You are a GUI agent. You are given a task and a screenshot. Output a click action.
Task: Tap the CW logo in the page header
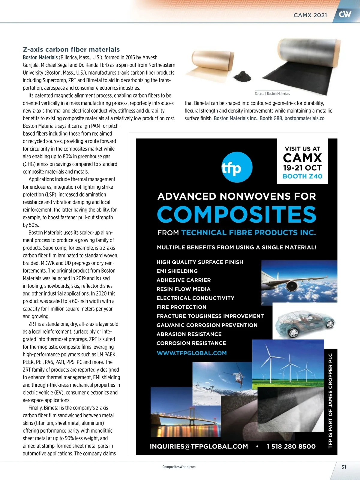(x=345, y=14)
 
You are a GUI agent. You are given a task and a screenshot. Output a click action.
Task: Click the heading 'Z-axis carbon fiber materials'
(x=71, y=49)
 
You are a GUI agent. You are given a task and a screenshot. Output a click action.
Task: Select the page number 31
(x=344, y=467)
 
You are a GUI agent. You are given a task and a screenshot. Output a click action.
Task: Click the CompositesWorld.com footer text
(x=179, y=467)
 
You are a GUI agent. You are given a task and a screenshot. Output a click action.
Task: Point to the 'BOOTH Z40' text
(x=302, y=176)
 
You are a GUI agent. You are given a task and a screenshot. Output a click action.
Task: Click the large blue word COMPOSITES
(x=237, y=214)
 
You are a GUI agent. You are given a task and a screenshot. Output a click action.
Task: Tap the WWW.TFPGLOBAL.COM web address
(x=192, y=353)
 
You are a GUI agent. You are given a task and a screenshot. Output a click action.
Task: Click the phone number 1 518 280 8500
(x=291, y=446)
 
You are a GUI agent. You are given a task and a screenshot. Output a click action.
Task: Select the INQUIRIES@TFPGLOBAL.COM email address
(x=199, y=446)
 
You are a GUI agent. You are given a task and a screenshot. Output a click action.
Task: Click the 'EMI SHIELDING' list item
(x=177, y=271)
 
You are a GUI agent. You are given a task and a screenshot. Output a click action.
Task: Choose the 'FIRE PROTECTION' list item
(x=181, y=307)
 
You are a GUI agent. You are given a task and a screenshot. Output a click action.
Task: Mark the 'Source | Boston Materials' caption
(x=272, y=94)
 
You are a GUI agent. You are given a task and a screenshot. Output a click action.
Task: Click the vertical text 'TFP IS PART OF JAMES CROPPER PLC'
(x=331, y=400)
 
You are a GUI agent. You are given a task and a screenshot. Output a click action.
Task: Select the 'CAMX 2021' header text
(x=310, y=15)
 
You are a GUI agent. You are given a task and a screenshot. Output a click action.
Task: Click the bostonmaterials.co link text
(x=304, y=118)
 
